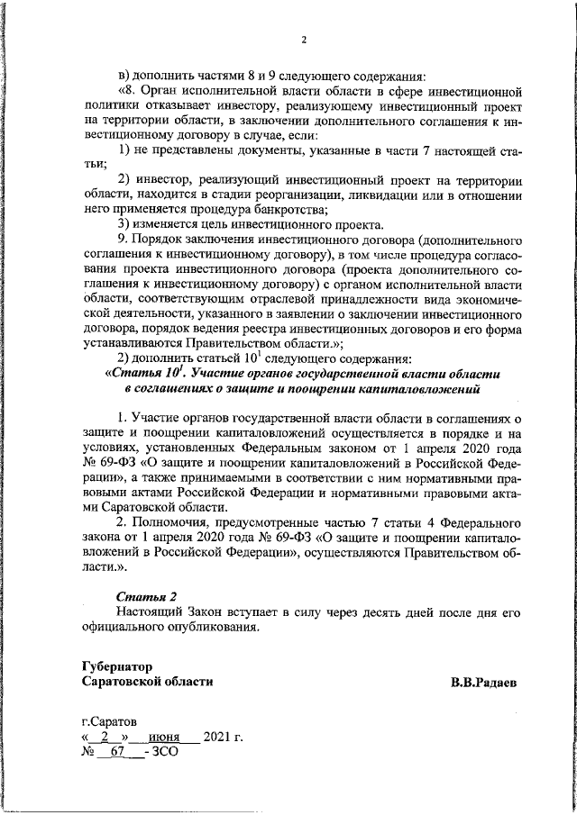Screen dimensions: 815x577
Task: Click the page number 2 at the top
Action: (x=304, y=39)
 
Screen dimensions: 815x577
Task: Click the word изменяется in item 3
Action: (x=167, y=224)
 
